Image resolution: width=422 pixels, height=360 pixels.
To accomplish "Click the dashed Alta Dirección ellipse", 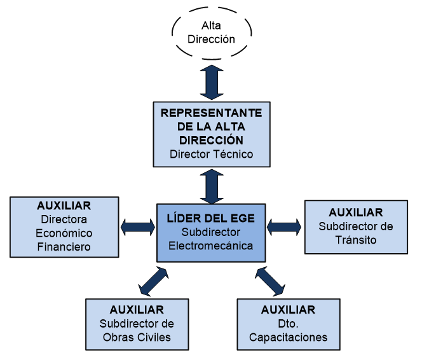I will click(212, 32).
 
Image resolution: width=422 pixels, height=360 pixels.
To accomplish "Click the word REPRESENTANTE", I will click(212, 113).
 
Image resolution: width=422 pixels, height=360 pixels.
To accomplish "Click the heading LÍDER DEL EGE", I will click(210, 218).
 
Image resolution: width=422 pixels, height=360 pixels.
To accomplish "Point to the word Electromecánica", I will click(210, 246).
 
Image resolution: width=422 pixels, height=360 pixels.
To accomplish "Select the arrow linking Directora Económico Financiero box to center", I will click(139, 226).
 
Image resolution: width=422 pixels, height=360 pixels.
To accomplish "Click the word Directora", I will click(64, 219).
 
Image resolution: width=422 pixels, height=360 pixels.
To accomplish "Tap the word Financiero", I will click(64, 247).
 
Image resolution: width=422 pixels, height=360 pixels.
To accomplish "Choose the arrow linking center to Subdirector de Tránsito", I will click(284, 226).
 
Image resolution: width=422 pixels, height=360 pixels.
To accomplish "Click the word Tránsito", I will click(356, 240).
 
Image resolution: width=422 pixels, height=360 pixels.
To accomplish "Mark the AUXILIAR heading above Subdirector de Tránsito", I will click(356, 212).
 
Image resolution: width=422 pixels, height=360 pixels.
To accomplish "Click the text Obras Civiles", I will click(137, 337).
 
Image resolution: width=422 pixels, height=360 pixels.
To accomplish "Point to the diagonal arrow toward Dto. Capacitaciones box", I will click(271, 281).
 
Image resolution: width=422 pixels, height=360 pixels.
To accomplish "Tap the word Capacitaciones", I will click(288, 337).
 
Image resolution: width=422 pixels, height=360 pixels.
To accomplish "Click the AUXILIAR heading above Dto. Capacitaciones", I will click(288, 310).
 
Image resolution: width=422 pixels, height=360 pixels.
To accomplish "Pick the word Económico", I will click(64, 233).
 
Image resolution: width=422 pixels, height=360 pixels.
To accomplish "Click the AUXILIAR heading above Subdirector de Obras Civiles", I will click(137, 310).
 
